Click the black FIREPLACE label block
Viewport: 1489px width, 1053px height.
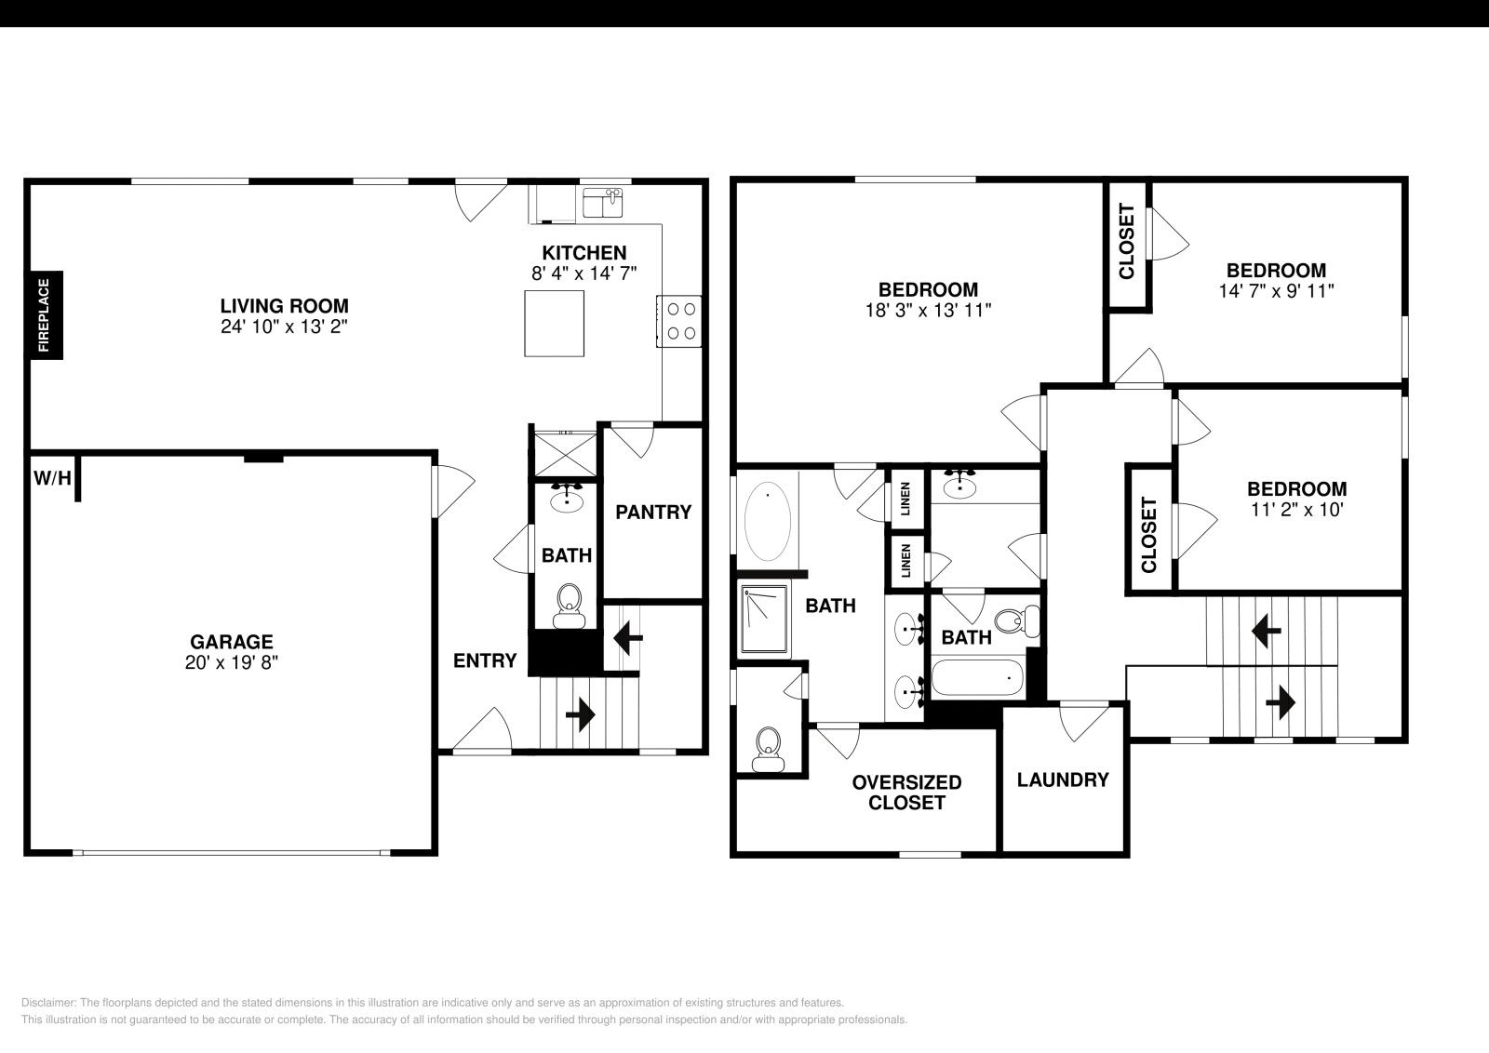[x=46, y=315]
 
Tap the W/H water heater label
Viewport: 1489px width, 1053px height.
[x=52, y=478]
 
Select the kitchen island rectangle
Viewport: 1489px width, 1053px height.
[x=554, y=324]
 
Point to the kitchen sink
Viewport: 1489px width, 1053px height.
[x=603, y=202]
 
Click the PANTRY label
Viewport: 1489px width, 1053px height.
[x=653, y=513]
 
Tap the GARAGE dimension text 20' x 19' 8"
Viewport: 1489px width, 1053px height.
[x=232, y=662]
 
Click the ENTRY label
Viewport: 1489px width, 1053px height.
[x=485, y=660]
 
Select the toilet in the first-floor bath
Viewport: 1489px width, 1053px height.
[x=569, y=606]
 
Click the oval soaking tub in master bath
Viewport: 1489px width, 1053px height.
[x=768, y=522]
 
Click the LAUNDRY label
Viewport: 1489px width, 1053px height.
[x=1063, y=780]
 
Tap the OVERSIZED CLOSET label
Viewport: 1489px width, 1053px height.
[x=906, y=793]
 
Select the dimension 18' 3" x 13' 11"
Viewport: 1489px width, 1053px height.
[x=928, y=311]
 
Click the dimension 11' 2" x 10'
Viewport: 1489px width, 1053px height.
[x=1297, y=510]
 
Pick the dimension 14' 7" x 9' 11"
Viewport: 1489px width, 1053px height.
[x=1276, y=291]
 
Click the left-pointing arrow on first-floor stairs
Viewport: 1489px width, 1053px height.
[x=628, y=638]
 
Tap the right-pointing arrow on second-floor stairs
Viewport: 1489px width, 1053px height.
[x=1281, y=702]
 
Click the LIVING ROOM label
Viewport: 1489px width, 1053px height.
[x=285, y=306]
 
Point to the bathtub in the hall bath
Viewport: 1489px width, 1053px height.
[x=977, y=677]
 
